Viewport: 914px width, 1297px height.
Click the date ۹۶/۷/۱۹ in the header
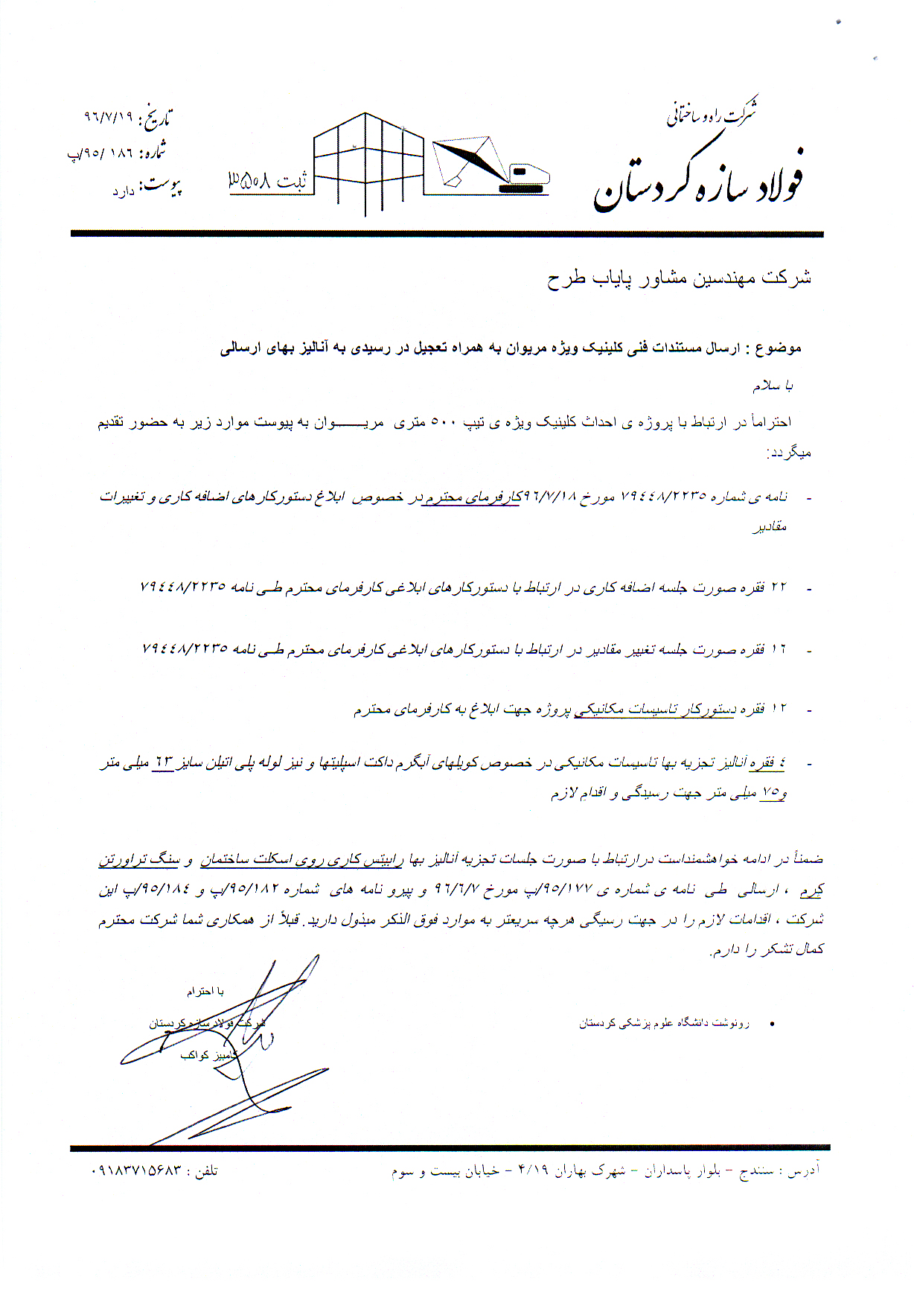point(109,117)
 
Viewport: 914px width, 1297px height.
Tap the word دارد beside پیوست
point(124,192)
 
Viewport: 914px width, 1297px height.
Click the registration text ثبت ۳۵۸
point(267,180)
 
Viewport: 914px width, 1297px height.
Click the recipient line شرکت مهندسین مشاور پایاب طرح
point(679,278)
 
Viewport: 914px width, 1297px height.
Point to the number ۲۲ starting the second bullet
point(779,587)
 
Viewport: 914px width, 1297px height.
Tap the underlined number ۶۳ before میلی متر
point(162,762)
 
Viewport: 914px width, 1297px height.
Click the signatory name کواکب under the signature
point(194,1055)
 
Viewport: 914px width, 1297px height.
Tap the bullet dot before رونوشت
point(773,1024)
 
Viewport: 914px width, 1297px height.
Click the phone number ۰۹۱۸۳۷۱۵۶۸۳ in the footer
point(135,1170)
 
